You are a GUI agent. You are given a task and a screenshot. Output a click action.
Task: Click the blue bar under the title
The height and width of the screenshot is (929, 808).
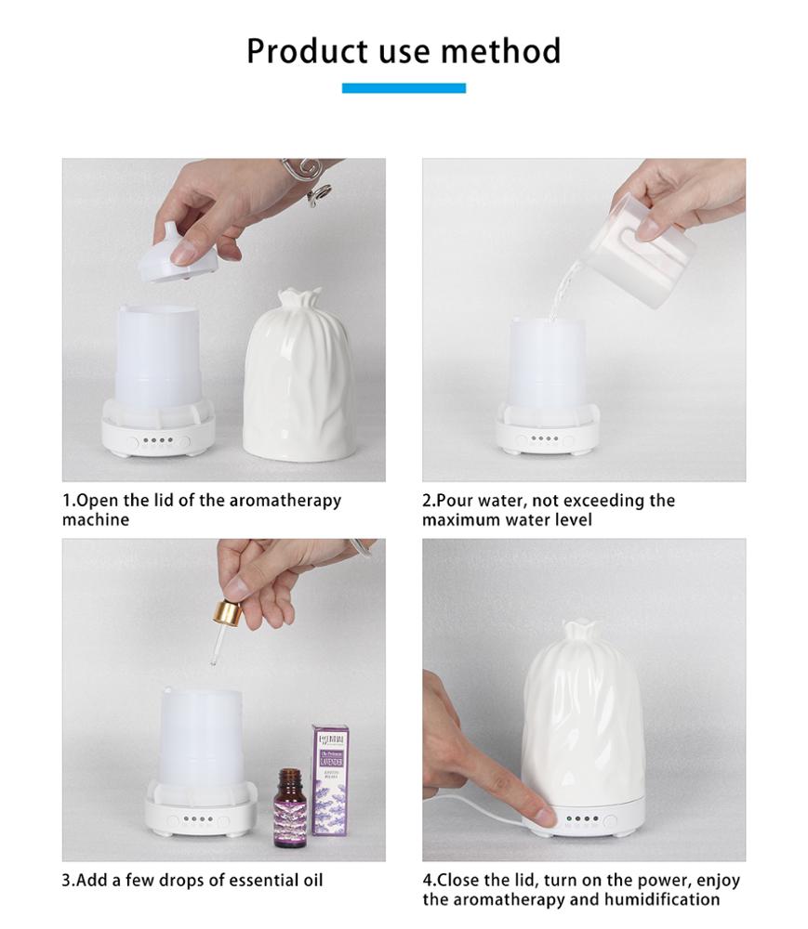click(404, 88)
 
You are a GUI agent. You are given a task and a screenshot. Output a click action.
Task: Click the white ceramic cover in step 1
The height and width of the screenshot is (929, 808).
click(301, 376)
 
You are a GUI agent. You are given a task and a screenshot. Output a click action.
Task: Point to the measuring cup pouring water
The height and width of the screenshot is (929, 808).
click(655, 237)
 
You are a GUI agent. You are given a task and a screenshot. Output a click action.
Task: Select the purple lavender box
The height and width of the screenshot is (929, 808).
click(330, 780)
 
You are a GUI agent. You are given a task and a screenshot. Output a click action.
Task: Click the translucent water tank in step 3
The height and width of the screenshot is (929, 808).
click(201, 739)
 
